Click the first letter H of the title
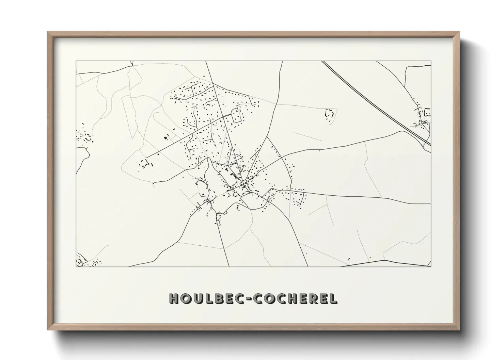click(174, 298)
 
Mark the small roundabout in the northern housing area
click(223, 116)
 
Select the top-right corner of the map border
click(431, 61)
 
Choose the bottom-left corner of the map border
click(76, 266)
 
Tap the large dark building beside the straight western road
click(167, 137)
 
